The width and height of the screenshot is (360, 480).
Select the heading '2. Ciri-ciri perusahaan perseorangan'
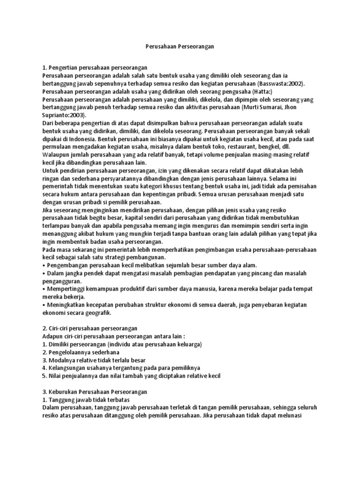coord(90,329)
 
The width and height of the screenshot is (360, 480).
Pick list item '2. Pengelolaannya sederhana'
coord(81,352)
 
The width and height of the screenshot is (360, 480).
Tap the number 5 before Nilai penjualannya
coord(44,376)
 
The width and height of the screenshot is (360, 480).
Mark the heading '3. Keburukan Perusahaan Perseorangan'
coord(95,392)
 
